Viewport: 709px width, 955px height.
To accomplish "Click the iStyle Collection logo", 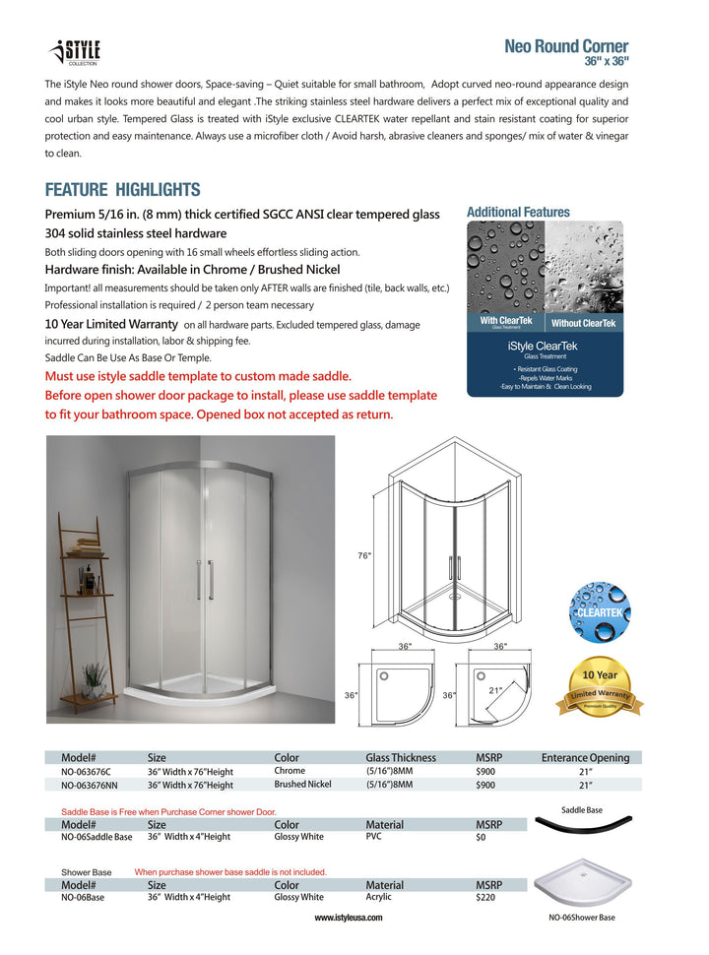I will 75,52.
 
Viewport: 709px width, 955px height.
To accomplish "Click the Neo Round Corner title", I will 565,46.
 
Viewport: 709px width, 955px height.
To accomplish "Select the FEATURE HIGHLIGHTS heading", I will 122,190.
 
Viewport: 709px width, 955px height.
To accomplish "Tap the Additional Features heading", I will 518,212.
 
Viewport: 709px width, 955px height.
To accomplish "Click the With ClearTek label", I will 505,322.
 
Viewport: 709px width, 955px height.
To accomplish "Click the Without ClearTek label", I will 583,323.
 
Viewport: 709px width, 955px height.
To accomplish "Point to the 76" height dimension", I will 364,556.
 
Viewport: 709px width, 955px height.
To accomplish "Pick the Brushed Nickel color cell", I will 302,785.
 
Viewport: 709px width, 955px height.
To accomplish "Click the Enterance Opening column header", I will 585,757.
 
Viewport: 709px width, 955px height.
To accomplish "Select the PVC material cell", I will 375,837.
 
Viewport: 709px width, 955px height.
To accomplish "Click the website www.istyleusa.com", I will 349,917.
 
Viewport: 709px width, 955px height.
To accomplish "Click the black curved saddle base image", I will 581,830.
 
